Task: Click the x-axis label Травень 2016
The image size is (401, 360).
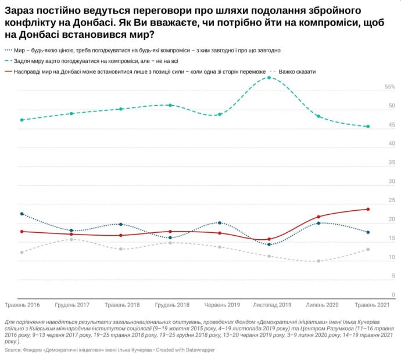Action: pos(22,304)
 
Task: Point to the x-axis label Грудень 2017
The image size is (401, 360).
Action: pos(71,304)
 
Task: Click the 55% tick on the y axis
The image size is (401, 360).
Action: pos(389,87)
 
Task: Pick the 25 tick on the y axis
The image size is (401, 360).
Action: pos(392,200)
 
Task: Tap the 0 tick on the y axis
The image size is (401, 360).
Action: pos(393,295)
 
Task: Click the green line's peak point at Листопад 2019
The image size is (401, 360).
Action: pos(269,77)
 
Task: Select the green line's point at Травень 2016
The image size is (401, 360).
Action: pos(22,120)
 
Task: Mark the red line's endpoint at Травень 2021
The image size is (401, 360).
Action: pos(368,209)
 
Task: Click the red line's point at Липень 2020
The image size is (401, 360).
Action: pos(318,217)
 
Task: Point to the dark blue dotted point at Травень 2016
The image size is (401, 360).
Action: pos(22,214)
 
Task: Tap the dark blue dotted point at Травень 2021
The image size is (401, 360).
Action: pos(368,232)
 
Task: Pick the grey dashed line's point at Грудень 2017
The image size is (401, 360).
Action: pos(71,239)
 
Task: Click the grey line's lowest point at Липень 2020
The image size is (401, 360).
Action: pos(318,261)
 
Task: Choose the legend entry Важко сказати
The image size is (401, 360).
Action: pos(297,71)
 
